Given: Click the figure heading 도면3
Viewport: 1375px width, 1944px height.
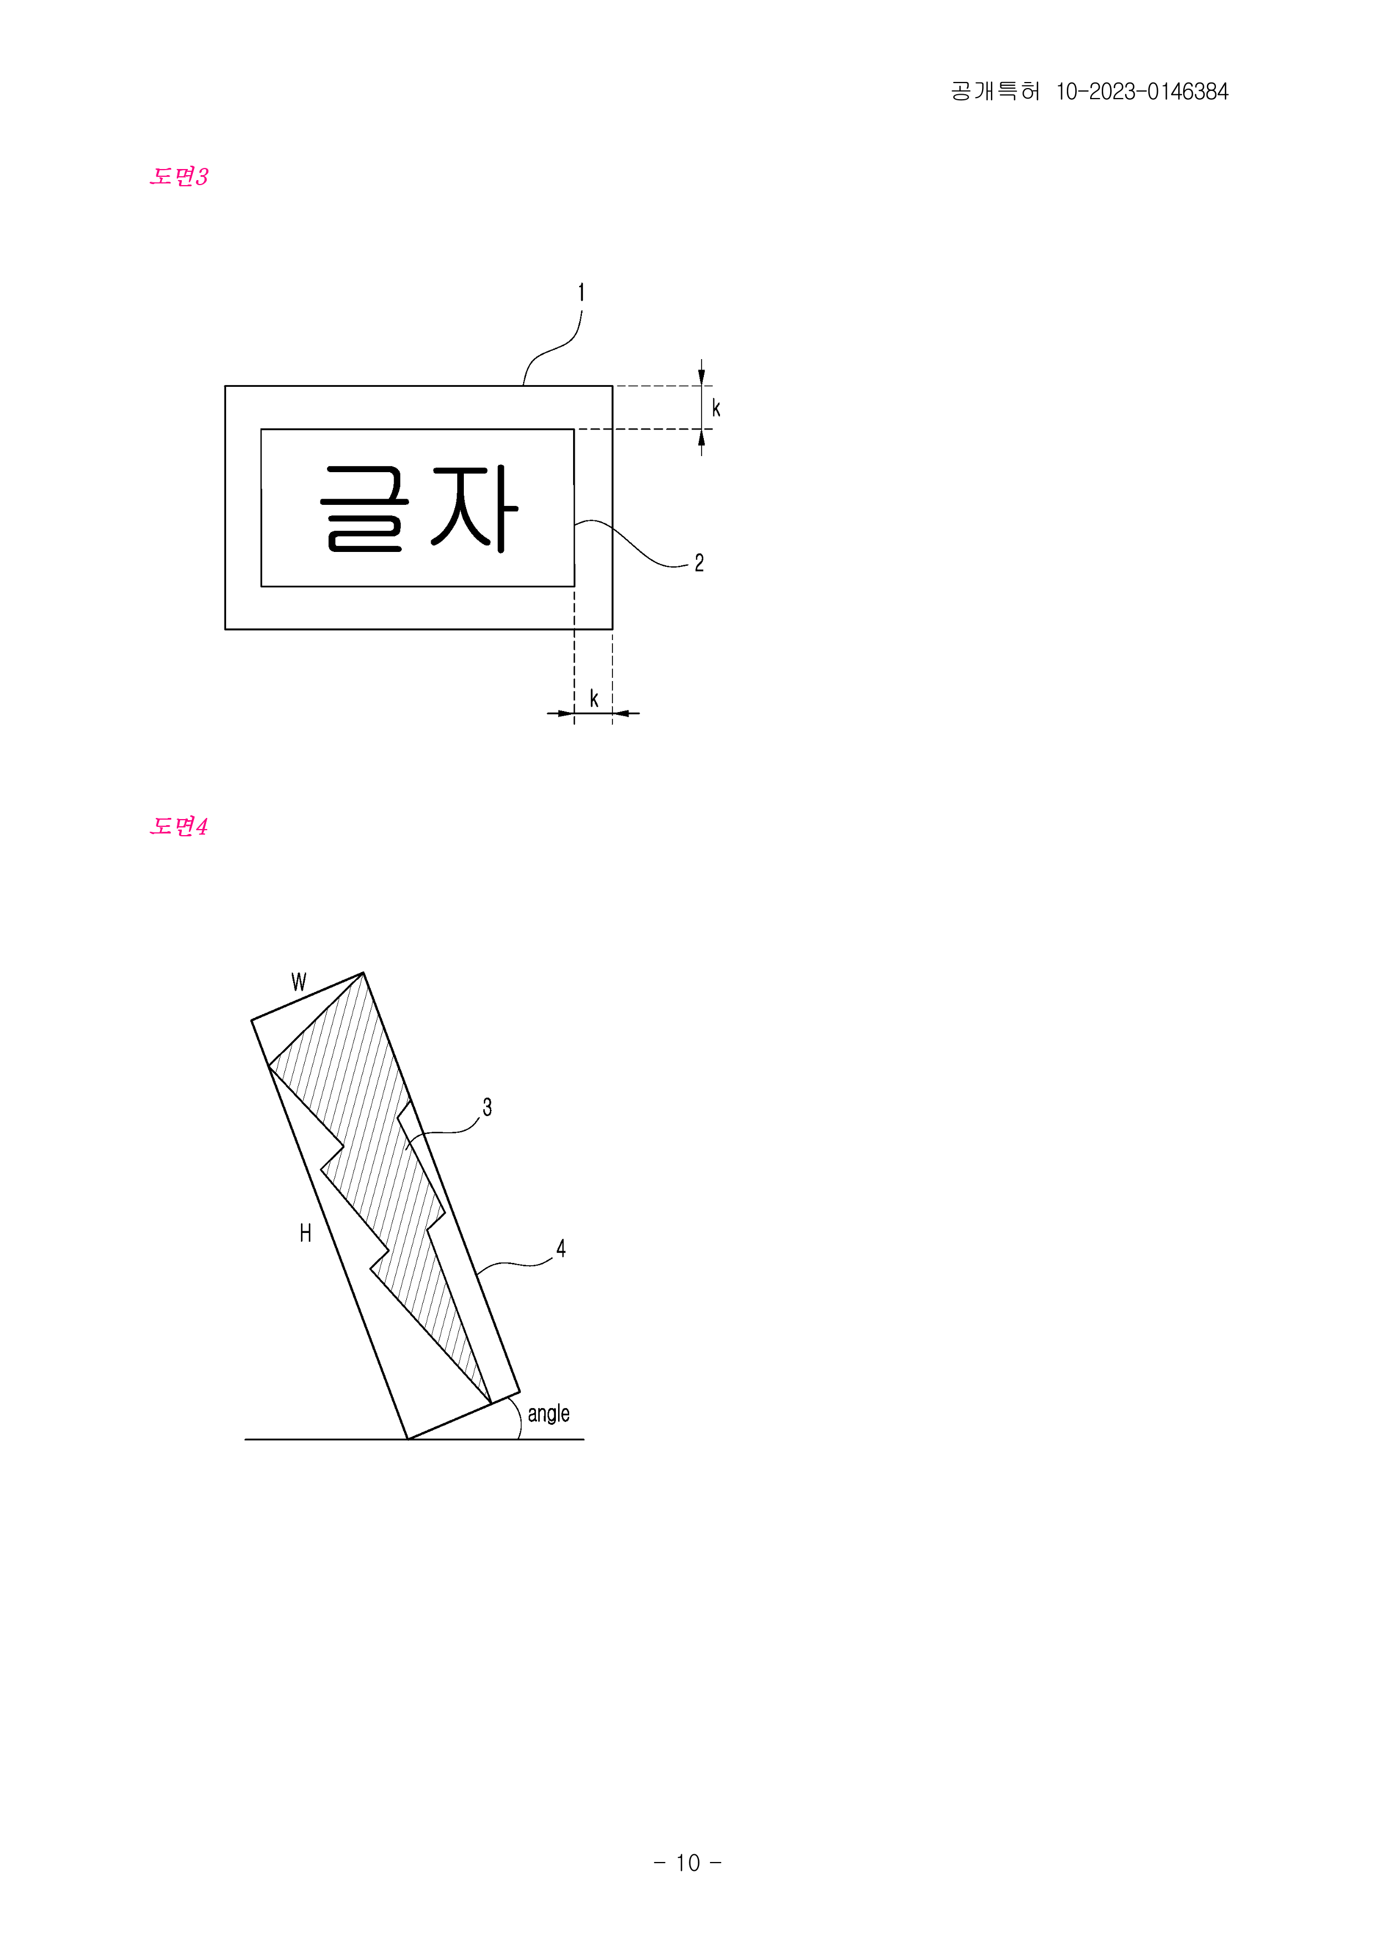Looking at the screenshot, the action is click(x=178, y=176).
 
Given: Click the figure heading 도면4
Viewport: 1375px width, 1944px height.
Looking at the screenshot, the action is click(x=178, y=826).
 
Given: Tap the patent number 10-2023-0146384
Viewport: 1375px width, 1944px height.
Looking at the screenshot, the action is click(x=1142, y=91).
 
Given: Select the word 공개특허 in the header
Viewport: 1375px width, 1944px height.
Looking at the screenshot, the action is click(x=995, y=91).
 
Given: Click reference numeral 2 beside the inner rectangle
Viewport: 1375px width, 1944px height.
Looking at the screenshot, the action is click(x=699, y=563).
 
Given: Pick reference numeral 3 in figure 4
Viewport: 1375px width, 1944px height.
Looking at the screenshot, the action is click(x=487, y=1107).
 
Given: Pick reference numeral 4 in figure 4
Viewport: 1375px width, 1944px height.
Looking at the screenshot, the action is click(x=560, y=1248).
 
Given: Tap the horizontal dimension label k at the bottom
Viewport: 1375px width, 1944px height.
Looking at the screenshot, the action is click(x=594, y=698).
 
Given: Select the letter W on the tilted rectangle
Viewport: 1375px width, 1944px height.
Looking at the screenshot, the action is click(x=299, y=982).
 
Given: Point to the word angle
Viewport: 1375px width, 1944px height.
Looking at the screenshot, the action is click(x=549, y=1414).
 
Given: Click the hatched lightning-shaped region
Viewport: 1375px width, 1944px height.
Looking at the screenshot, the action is click(x=381, y=1185).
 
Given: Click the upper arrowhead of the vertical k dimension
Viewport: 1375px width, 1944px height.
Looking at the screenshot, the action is click(x=701, y=375).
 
